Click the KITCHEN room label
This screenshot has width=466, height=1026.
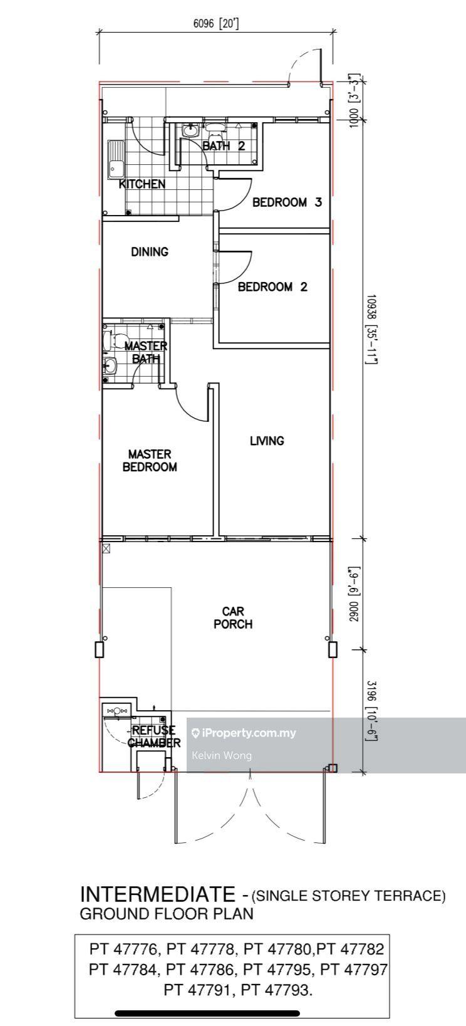coord(142,184)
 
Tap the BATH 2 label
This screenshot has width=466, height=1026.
coord(224,146)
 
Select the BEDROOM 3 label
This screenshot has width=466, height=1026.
coord(287,202)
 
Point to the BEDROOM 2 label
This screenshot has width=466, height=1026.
coord(272,287)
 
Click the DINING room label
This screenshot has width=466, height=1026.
coord(150,251)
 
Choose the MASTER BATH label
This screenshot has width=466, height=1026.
coord(146,352)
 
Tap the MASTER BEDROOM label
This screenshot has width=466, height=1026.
coord(150,461)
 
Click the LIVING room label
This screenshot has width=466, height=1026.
coord(267,441)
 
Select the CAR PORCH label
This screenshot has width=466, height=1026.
coord(233,617)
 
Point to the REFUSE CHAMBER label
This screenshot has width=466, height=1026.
coord(154,736)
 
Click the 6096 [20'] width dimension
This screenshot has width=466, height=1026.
coord(216,23)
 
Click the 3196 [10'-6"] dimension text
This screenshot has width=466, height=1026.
coord(371,711)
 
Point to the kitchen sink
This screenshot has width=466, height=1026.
coord(116,160)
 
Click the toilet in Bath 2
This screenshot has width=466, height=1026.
coord(214,132)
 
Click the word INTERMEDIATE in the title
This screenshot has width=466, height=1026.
coord(157,894)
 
